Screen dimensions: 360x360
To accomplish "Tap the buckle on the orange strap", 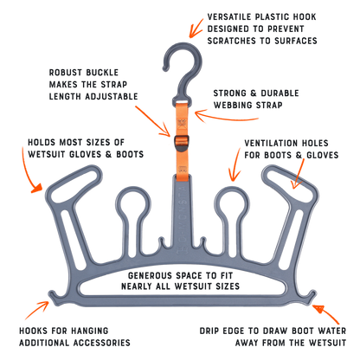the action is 182,143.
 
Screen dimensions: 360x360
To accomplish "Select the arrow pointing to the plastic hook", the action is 196,28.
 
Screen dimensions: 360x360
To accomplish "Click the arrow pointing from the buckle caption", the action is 153,121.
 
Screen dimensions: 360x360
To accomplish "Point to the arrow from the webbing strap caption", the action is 225,117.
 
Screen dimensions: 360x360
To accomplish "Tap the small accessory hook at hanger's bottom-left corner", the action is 54,297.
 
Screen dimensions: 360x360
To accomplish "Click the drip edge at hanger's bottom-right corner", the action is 311,297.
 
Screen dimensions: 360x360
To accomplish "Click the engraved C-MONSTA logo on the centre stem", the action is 183,219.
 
